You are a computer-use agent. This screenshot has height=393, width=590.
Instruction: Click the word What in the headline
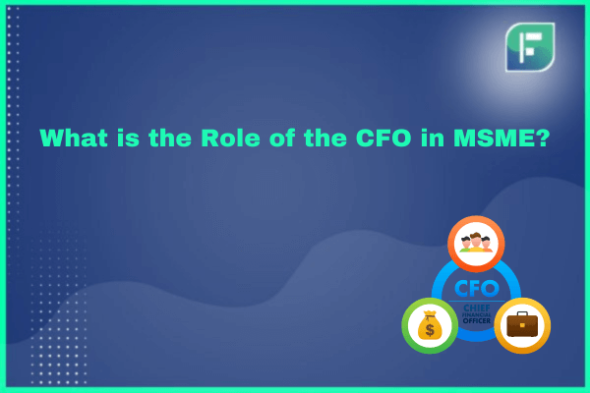coord(74,138)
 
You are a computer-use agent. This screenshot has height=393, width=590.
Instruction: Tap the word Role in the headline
coord(230,138)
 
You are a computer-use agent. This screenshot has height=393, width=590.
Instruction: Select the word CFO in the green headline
coord(383,138)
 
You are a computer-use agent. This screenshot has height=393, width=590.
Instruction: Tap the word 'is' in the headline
coord(128,138)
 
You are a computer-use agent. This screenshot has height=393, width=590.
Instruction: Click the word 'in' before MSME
coord(432,138)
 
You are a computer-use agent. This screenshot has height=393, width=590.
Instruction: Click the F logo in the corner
coord(530,47)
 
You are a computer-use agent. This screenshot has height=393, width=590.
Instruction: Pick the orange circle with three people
coord(476,244)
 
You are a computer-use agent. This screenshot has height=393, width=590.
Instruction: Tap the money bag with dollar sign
coord(430,325)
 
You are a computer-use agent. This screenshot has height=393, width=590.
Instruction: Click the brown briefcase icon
coord(522,324)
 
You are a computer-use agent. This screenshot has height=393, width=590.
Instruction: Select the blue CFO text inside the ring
coord(477,289)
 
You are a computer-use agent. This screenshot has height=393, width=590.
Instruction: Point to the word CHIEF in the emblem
coord(477,308)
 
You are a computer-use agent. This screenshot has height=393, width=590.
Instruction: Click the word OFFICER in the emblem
coord(477,321)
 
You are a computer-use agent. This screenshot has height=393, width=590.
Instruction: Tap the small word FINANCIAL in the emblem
coord(477,314)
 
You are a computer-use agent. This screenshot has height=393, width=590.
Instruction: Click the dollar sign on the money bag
coord(430,330)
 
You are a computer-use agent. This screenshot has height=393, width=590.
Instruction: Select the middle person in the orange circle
coord(476,243)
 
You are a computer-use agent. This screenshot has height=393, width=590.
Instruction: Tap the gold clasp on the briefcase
coord(522,325)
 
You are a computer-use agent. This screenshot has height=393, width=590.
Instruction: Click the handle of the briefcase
coord(522,313)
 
